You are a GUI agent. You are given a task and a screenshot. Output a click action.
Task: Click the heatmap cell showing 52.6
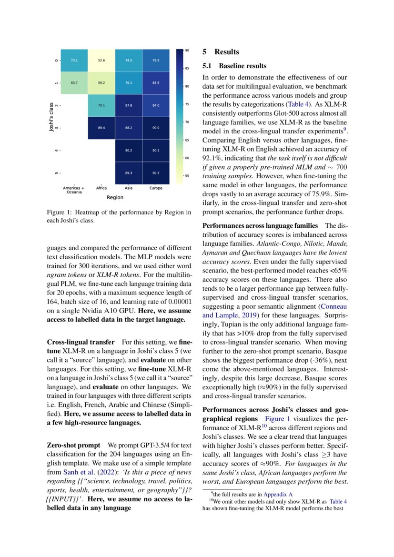point(101,61)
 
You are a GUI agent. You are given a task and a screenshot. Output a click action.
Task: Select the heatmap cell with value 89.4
point(101,128)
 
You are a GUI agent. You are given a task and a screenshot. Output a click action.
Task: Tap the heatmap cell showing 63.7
point(74,83)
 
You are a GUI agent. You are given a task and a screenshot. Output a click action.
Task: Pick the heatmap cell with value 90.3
point(156,173)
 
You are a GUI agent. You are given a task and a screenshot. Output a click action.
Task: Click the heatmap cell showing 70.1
point(101,105)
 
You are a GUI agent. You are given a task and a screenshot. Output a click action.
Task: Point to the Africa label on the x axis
point(101,188)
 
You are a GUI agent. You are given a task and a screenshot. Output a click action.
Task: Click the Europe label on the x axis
point(156,188)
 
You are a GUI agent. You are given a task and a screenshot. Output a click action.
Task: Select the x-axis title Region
point(115,197)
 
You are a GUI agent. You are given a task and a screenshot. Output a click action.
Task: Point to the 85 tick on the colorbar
point(188,68)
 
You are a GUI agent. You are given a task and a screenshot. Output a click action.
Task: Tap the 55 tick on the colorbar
point(188,175)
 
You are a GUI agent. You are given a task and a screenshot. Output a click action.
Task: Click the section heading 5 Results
point(221,52)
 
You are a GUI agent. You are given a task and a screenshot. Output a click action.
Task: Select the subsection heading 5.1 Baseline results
point(234,66)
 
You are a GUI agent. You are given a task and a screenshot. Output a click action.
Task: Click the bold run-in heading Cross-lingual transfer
point(81,342)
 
